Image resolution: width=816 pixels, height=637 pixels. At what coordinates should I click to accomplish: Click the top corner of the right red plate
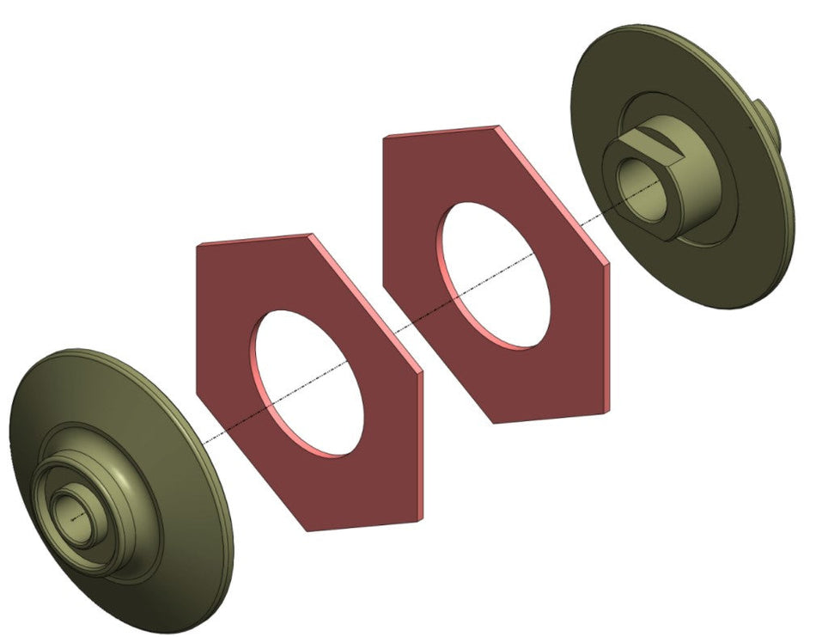point(496,127)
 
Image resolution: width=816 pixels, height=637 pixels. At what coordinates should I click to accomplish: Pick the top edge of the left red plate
point(253,239)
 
